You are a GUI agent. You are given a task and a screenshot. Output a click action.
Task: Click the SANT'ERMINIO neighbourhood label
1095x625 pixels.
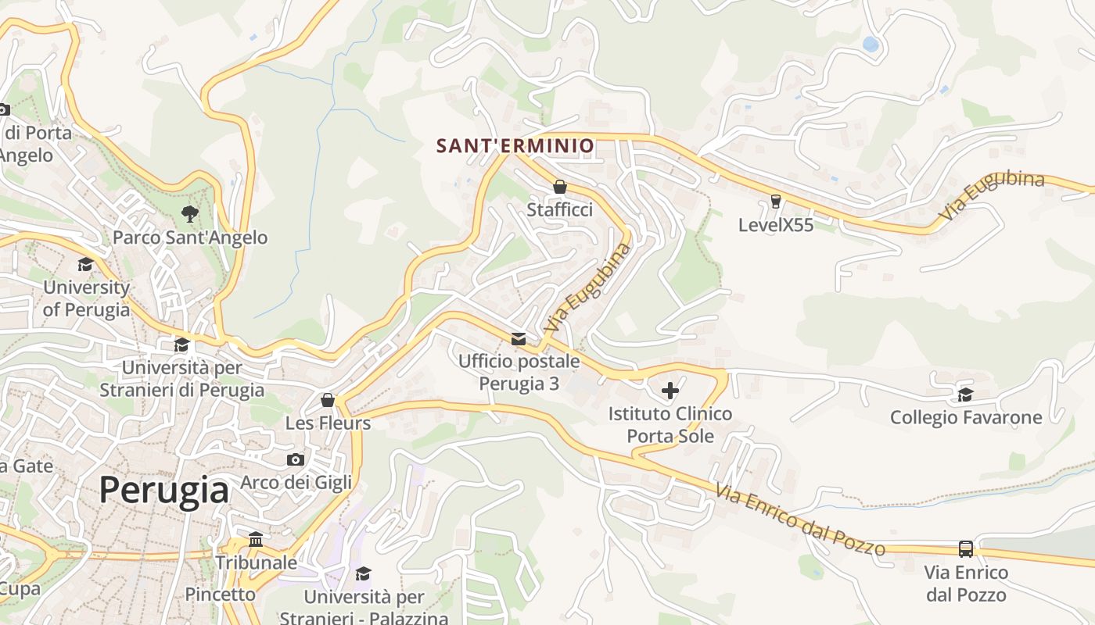(515, 145)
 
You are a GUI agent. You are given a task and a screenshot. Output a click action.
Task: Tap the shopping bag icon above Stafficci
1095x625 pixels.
(560, 187)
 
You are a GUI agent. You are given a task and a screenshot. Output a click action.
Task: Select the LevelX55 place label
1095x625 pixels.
(776, 225)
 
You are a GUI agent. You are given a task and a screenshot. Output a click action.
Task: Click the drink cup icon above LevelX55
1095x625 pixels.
(776, 201)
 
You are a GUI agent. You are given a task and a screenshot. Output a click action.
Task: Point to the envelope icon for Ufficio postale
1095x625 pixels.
(519, 338)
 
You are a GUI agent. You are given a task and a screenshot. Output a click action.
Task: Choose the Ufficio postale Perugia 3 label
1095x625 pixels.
(519, 373)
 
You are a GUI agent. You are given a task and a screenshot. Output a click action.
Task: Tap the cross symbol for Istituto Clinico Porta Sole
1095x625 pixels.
(670, 390)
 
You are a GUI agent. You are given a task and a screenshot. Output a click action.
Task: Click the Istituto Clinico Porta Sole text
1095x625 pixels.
(670, 424)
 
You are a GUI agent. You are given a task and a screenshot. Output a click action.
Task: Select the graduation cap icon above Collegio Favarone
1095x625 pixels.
(966, 395)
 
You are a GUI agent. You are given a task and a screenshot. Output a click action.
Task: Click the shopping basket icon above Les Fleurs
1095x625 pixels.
(328, 400)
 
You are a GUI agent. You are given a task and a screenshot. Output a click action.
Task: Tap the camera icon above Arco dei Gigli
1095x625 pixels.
(296, 459)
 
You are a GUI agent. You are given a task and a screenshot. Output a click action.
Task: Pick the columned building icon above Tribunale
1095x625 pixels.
(256, 539)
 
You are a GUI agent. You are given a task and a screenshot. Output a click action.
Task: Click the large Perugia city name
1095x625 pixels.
(164, 491)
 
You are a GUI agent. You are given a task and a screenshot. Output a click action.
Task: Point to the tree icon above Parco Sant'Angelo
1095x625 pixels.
(189, 213)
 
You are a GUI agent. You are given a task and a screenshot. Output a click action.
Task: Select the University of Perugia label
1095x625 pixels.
(86, 298)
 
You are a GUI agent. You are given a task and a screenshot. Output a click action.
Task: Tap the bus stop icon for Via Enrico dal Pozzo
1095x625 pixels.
(966, 548)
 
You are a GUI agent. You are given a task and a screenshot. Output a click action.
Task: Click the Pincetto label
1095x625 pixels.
(220, 595)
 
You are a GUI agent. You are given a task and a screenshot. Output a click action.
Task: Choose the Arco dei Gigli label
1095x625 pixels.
(296, 482)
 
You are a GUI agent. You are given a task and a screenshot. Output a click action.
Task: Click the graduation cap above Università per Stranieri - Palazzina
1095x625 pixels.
(364, 574)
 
